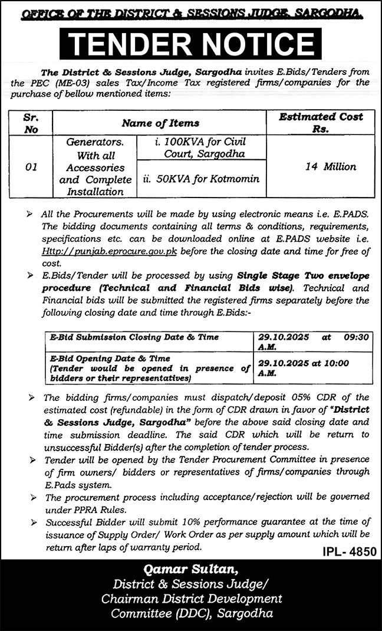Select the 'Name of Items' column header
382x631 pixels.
(x=160, y=123)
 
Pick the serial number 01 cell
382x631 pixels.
(x=32, y=167)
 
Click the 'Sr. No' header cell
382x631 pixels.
(x=31, y=123)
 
